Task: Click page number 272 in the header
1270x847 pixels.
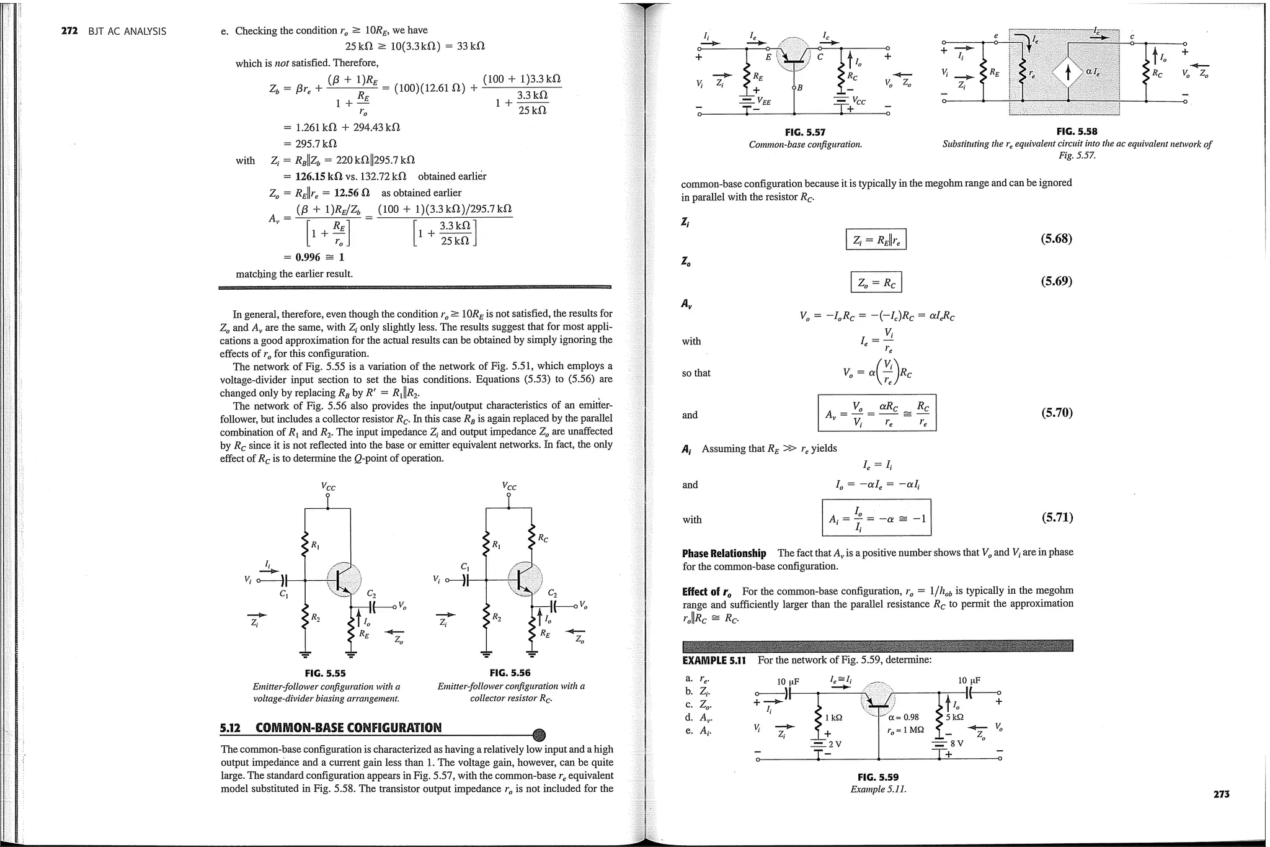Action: [x=69, y=31]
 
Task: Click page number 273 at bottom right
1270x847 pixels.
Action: [x=1221, y=794]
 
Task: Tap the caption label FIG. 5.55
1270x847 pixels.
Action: [x=325, y=673]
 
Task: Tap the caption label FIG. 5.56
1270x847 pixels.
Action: [x=510, y=673]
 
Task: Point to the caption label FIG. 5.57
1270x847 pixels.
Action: [x=805, y=132]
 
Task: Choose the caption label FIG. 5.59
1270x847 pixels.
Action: [x=877, y=777]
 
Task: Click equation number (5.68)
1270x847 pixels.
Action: [x=1056, y=239]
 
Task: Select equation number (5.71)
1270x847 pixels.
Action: [x=1056, y=518]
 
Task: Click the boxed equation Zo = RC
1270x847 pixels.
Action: [x=876, y=283]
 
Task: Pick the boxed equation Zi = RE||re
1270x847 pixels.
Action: [x=876, y=240]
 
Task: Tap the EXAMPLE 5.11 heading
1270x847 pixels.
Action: [x=714, y=660]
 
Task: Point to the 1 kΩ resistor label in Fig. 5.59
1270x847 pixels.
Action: [x=833, y=717]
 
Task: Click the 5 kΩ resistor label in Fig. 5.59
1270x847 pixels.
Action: [x=954, y=717]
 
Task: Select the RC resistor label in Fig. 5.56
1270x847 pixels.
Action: [x=543, y=538]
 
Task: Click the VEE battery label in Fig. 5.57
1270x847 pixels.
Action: [x=762, y=102]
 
